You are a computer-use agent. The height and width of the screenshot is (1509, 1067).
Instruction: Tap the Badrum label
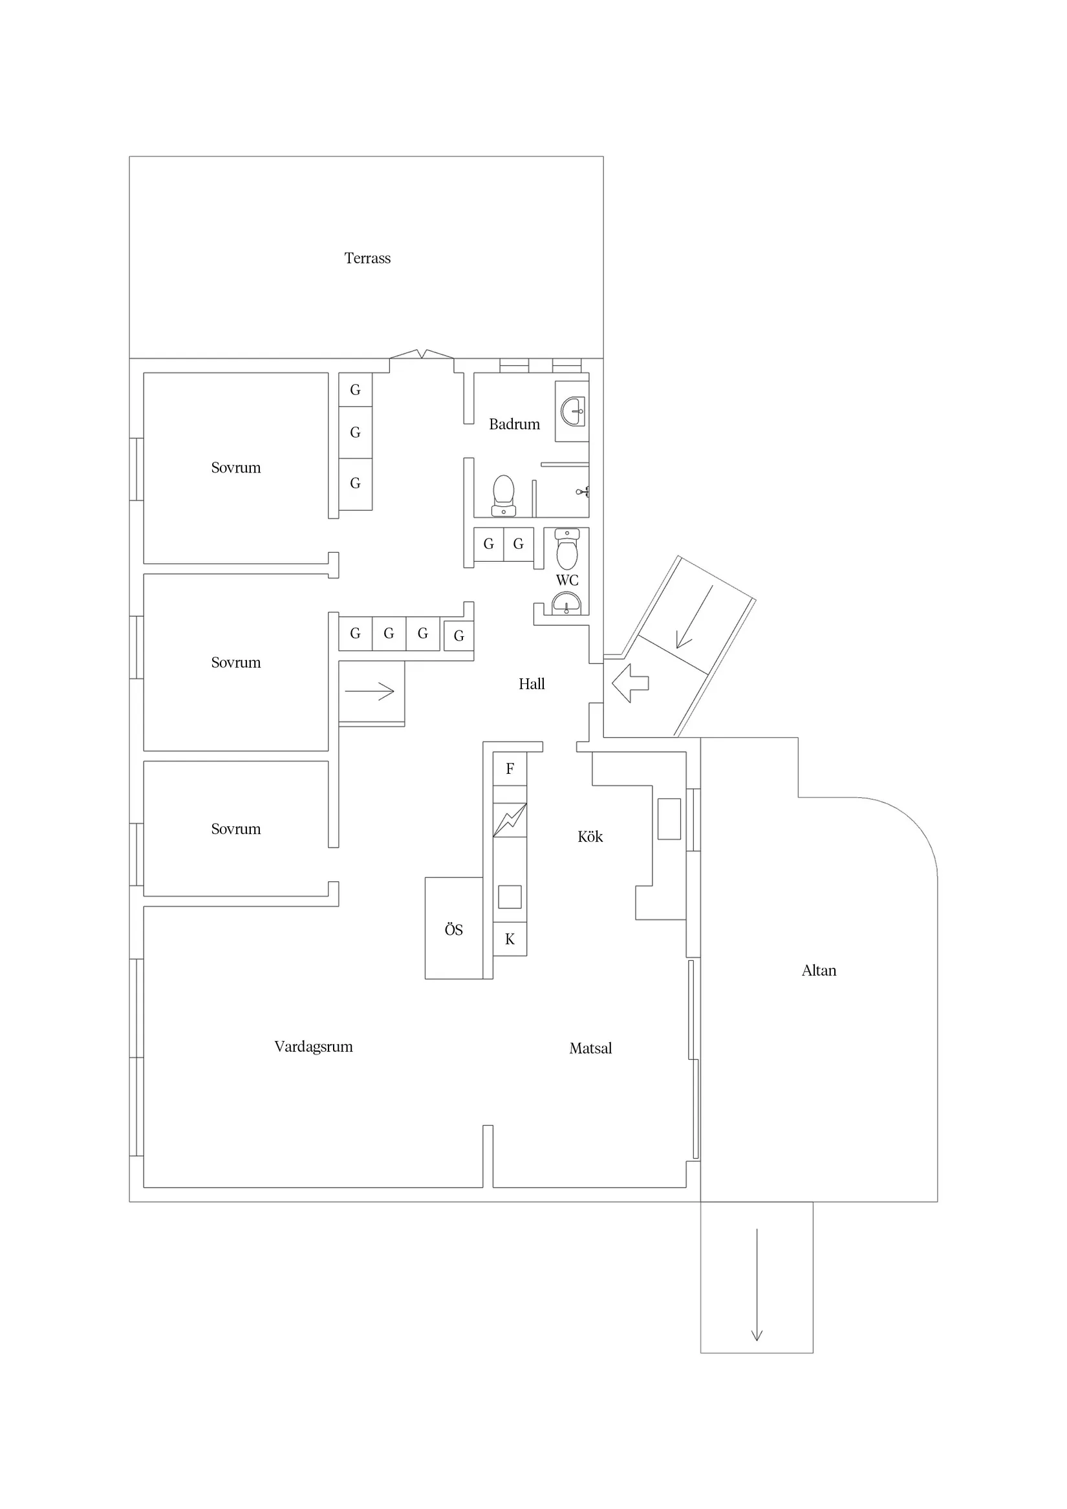(x=514, y=425)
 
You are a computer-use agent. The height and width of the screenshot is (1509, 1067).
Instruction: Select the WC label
(x=566, y=581)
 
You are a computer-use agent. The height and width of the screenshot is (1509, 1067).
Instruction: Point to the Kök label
(x=590, y=837)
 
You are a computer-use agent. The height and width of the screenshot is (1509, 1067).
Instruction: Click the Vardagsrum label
(x=313, y=1047)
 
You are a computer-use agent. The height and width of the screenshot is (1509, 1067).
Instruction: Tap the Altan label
(x=819, y=970)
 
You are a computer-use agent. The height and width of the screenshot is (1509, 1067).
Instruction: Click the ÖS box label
(x=453, y=930)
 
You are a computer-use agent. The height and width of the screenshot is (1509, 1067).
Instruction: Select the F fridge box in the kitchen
(x=510, y=769)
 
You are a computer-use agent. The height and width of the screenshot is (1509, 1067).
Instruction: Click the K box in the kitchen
(x=510, y=940)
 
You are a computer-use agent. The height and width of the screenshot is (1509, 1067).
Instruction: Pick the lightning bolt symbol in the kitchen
(x=510, y=820)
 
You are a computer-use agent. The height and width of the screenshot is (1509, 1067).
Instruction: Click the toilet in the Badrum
(x=504, y=496)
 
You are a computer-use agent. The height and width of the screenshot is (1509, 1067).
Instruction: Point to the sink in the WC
(x=566, y=603)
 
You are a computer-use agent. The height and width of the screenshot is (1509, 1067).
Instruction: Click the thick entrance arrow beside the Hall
(x=630, y=683)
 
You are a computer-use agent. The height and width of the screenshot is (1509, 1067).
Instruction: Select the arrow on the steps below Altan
(x=757, y=1284)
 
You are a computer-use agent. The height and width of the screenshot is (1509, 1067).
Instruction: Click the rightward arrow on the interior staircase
(x=369, y=691)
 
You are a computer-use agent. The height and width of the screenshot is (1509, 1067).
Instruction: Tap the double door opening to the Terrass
(x=422, y=356)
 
